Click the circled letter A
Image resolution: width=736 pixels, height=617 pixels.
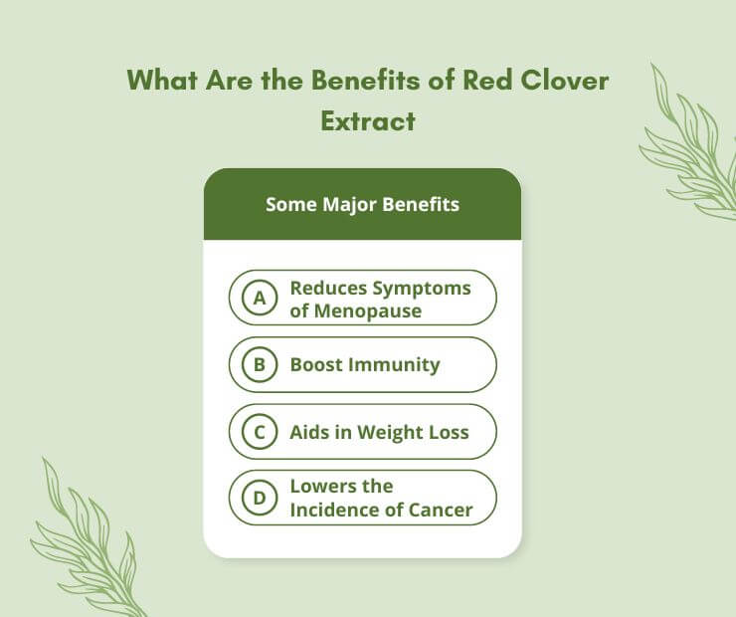[260, 298]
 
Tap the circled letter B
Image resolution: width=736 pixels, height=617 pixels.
[260, 364]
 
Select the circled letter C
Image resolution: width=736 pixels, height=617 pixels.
[260, 432]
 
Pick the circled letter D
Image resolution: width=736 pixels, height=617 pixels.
[260, 498]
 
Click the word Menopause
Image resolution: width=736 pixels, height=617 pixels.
[368, 310]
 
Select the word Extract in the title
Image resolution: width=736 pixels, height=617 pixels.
[368, 121]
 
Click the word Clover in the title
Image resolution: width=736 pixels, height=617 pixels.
[565, 80]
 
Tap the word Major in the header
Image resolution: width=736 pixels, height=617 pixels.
[349, 205]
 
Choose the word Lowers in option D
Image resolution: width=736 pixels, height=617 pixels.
[320, 486]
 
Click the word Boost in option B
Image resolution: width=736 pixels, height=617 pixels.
[317, 365]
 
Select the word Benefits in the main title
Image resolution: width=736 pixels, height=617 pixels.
[366, 80]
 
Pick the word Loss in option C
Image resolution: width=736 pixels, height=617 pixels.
[451, 433]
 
